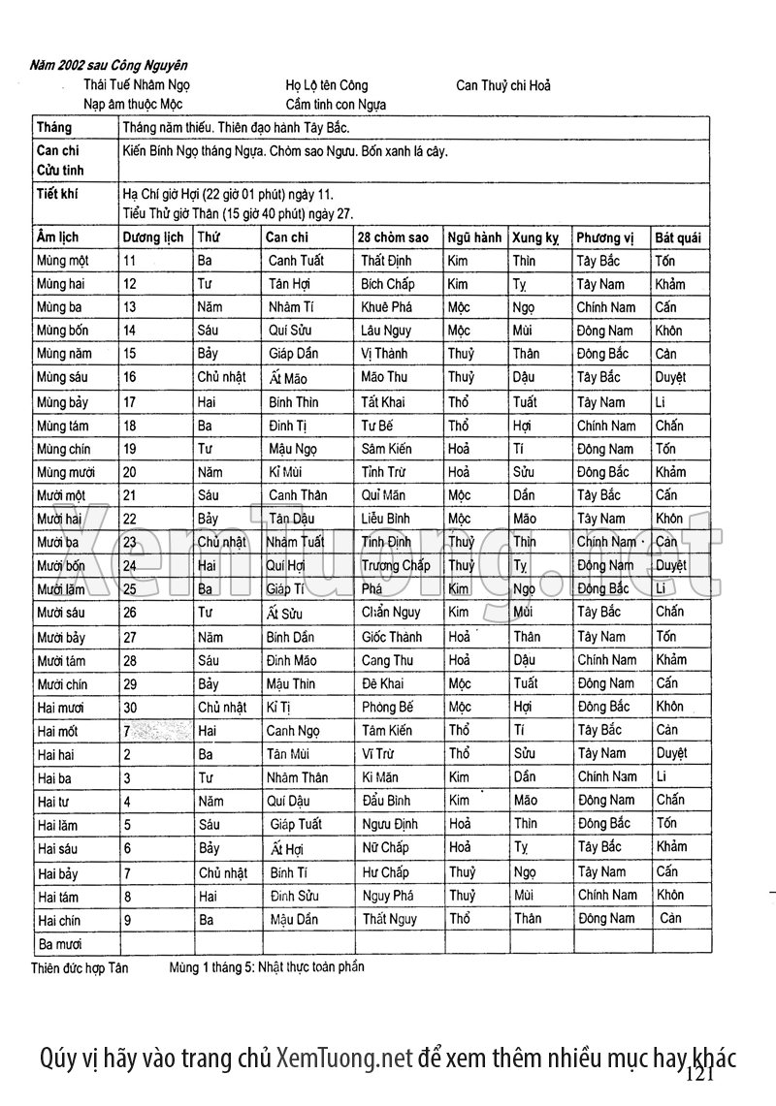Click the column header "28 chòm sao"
click(x=393, y=237)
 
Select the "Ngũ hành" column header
click(x=474, y=237)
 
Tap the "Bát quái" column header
click(x=678, y=237)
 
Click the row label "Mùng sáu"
click(x=63, y=377)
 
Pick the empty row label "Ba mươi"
click(x=59, y=943)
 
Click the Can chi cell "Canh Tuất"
click(x=296, y=261)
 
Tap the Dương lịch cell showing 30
click(x=131, y=708)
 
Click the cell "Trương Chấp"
click(x=396, y=565)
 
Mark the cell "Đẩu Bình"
click(x=386, y=802)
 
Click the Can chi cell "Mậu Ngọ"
click(x=294, y=449)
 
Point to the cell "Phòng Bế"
click(x=387, y=708)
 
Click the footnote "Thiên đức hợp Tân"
click(x=80, y=967)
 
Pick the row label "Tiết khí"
click(x=57, y=194)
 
